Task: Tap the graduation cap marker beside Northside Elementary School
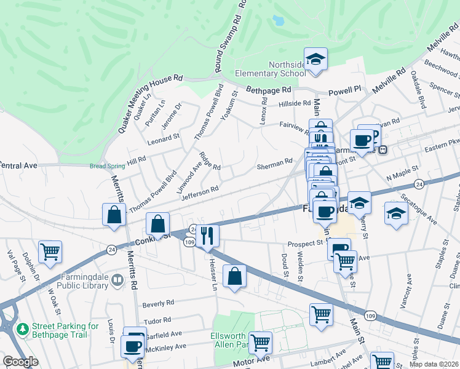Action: [x=315, y=60]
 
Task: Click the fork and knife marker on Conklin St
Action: [x=207, y=236]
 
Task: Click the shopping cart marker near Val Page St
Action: [x=50, y=251]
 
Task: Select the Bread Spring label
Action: [x=103, y=166]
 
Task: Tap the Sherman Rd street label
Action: [x=274, y=164]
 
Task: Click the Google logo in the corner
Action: [x=20, y=362]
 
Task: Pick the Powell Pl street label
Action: [x=344, y=91]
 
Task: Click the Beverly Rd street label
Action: [x=158, y=303]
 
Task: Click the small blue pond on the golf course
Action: [x=279, y=20]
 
